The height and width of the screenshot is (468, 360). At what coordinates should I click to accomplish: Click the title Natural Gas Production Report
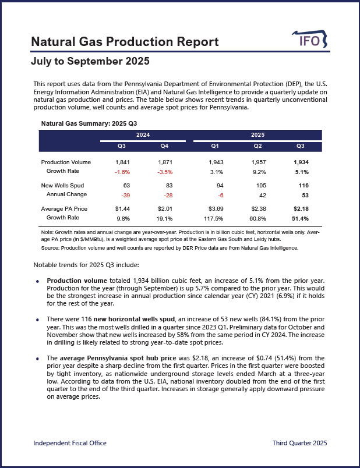[125, 42]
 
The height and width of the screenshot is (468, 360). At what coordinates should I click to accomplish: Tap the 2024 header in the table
[143, 134]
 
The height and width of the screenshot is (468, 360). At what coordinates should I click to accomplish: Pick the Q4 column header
[164, 146]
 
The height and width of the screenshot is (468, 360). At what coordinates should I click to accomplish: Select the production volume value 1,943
[214, 162]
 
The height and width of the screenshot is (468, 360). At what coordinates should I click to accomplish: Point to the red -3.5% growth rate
[164, 172]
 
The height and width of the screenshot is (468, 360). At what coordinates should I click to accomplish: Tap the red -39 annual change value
[122, 194]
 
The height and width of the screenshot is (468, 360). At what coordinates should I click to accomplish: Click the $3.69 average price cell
[214, 208]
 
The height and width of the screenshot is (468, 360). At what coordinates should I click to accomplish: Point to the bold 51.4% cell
[300, 218]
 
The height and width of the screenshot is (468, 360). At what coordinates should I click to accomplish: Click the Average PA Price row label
[65, 208]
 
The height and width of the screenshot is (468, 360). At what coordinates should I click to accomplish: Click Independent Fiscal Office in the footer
[70, 444]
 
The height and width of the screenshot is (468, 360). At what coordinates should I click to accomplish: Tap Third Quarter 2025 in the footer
[299, 444]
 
